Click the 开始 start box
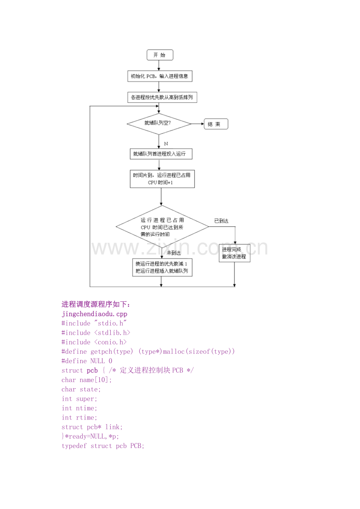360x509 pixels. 160,55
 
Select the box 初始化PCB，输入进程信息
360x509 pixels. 160,76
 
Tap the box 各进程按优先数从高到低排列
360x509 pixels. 162,97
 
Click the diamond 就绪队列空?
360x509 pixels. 159,124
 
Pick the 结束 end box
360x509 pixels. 216,124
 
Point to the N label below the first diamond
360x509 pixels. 166,144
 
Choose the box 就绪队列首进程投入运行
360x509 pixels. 161,154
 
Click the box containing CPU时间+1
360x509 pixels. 162,179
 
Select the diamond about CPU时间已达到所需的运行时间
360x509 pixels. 162,227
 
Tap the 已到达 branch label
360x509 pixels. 221,221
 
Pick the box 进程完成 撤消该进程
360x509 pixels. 234,253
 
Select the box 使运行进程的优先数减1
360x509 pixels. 162,267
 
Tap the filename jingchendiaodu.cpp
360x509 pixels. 94,314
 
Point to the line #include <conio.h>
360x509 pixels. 94,342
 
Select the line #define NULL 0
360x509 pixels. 87,361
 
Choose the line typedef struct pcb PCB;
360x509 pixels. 103,446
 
